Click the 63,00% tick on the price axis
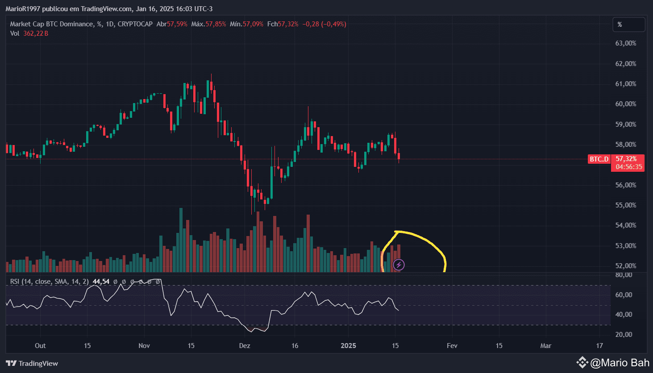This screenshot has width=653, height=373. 625,43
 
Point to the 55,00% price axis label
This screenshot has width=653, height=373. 625,205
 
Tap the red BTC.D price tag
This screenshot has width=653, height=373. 599,159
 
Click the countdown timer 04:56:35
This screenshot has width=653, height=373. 629,167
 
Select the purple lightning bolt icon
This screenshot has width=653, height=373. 399,265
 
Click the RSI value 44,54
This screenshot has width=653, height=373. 101,282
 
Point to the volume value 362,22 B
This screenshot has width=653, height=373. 36,33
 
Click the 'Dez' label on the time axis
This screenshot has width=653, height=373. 245,346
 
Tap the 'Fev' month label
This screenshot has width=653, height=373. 452,346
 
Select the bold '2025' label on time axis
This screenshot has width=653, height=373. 348,346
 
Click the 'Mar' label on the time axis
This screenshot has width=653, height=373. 545,346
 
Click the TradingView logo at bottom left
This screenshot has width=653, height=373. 32,363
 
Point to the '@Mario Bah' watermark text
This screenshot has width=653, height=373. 620,363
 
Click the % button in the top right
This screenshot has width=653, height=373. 628,25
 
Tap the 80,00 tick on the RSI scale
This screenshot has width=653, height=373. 624,275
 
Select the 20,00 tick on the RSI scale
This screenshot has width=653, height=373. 624,335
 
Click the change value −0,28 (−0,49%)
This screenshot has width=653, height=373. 324,24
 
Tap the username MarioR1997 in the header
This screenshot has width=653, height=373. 23,9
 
